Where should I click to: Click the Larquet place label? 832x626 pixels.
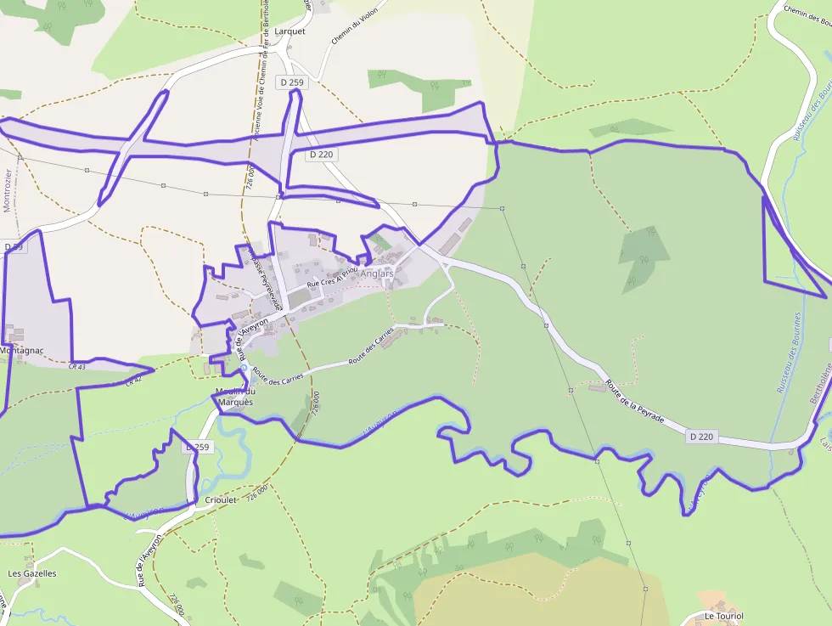pyautogui.click(x=290, y=31)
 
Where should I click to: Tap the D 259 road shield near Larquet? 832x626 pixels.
pyautogui.click(x=290, y=82)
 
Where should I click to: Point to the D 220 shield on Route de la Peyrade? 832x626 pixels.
pyautogui.click(x=702, y=437)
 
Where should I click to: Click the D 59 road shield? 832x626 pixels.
pyautogui.click(x=13, y=246)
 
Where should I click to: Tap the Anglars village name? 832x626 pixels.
pyautogui.click(x=377, y=274)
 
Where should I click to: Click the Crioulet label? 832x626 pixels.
pyautogui.click(x=221, y=500)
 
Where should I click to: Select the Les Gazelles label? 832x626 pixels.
pyautogui.click(x=32, y=573)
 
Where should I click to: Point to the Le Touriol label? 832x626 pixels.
pyautogui.click(x=723, y=616)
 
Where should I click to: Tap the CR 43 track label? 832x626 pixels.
pyautogui.click(x=77, y=366)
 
